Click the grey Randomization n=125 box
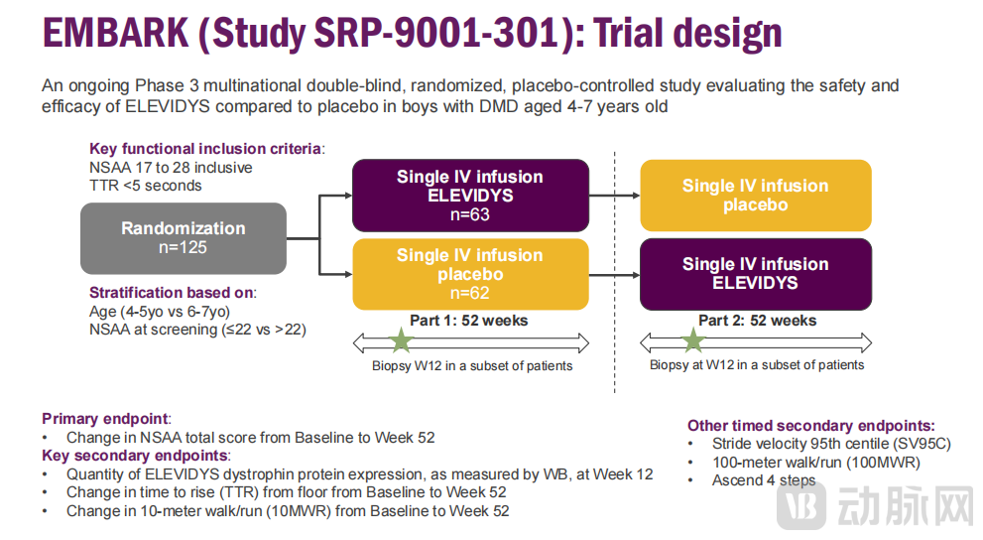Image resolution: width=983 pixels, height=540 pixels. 184,238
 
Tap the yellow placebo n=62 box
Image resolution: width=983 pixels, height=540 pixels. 469,274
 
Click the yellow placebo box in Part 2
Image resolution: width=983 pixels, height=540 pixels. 755,196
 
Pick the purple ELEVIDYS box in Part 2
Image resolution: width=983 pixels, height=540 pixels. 755,273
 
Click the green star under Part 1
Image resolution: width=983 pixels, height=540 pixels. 401,341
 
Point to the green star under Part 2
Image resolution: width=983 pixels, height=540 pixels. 692,341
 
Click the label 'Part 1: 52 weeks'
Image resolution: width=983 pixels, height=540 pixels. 469,321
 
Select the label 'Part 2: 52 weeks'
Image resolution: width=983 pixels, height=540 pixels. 757,321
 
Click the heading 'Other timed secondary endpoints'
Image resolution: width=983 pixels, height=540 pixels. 810,425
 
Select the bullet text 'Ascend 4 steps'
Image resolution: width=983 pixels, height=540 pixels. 764,480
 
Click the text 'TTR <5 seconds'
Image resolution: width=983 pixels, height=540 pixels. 145,185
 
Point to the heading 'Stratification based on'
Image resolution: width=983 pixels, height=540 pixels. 172,293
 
